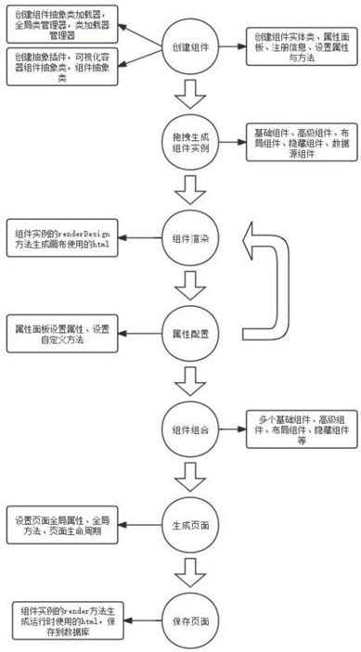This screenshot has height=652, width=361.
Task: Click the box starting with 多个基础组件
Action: point(299,429)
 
